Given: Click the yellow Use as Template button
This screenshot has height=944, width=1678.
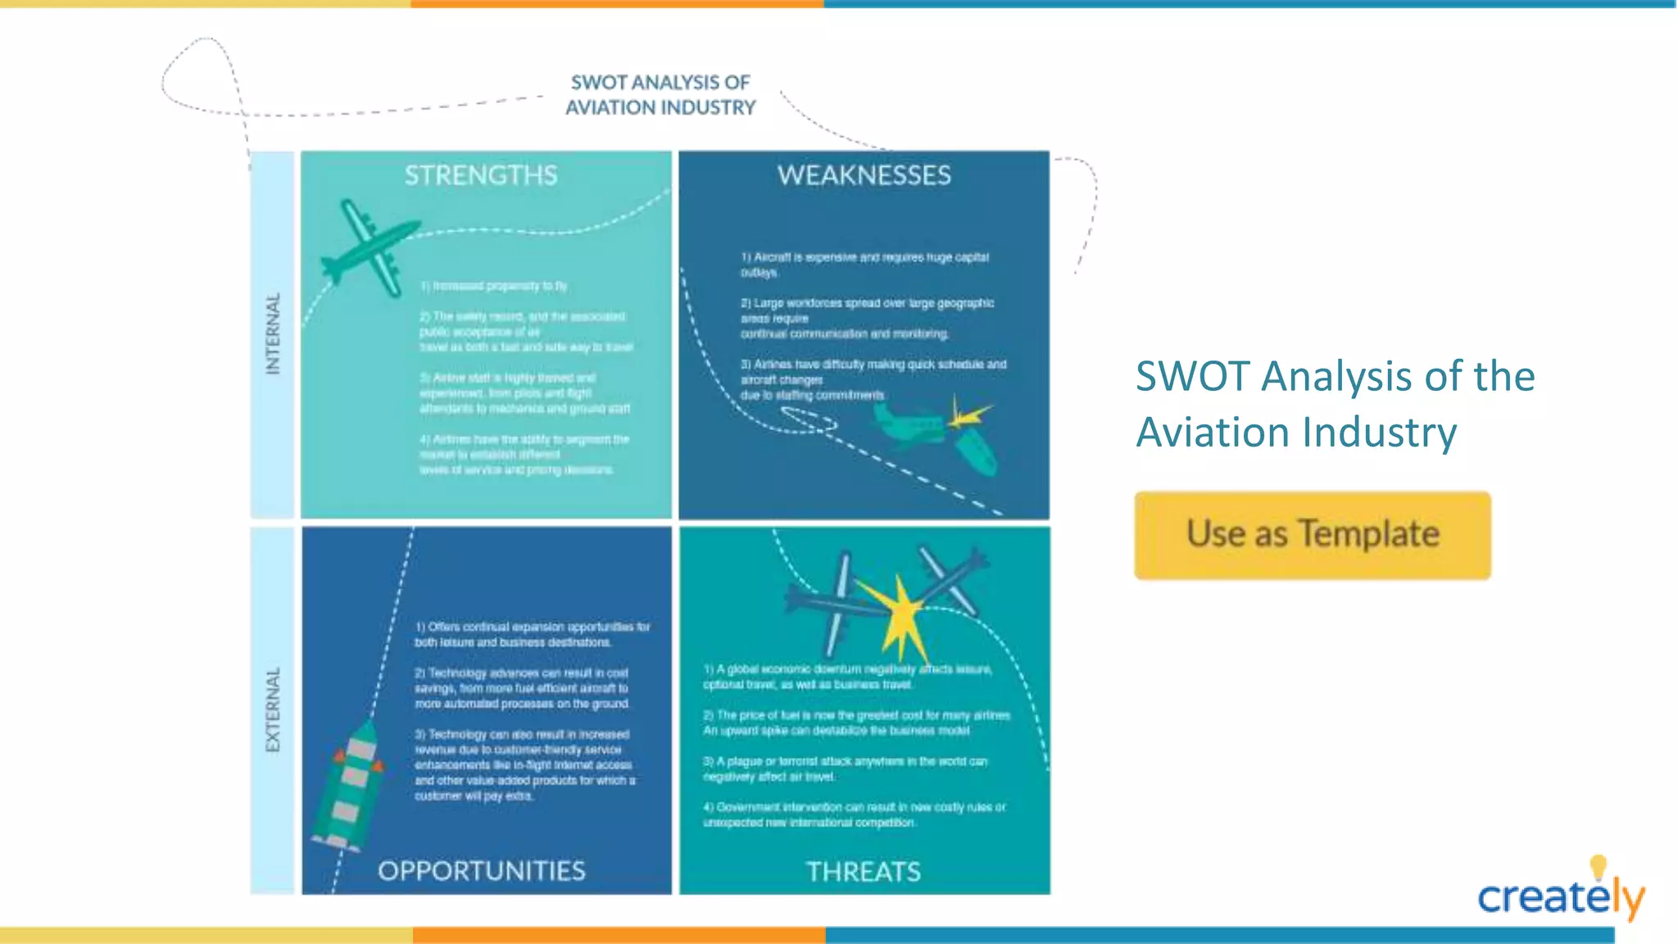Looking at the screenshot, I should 1312,535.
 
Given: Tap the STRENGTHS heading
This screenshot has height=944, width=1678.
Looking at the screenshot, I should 481,175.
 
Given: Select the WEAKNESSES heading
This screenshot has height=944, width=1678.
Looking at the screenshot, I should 864,175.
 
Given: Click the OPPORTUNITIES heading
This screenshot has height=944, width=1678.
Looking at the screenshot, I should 481,870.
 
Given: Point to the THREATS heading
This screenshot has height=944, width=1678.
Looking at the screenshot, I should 863,871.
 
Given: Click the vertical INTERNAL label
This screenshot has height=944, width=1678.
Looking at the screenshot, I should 273,334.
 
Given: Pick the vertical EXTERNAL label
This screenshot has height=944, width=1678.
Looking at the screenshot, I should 273,710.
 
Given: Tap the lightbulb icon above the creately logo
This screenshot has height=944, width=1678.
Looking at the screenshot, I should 1598,866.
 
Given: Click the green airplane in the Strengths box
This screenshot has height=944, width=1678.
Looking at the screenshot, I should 370,246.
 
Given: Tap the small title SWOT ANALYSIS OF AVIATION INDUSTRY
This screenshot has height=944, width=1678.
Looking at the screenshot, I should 660,95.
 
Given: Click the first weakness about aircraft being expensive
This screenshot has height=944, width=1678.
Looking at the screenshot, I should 864,264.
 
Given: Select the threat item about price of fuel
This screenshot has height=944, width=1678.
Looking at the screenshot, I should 856,723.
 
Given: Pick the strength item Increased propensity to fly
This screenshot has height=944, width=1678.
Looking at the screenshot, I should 493,286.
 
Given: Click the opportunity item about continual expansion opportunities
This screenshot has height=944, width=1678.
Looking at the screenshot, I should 532,634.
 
